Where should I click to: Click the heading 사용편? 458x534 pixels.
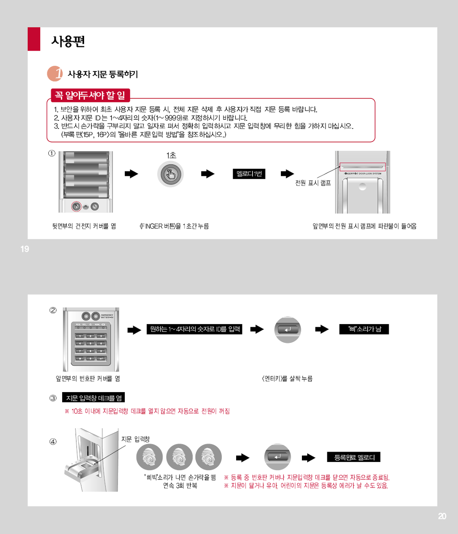68,41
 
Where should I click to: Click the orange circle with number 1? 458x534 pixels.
55,73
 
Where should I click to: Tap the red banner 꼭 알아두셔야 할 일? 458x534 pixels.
90,95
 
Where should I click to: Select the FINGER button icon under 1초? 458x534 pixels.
170,175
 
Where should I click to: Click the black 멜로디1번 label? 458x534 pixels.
249,174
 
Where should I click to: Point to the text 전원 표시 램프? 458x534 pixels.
313,183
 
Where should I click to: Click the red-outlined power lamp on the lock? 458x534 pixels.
363,167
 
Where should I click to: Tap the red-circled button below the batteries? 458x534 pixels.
76,206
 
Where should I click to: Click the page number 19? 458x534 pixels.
25,249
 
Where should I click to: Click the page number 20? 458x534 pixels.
442,516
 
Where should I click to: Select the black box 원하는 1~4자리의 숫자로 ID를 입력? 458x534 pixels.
194,329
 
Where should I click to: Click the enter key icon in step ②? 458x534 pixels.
288,329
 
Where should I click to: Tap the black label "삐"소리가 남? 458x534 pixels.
364,329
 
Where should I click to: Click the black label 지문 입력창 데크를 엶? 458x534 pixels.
93,398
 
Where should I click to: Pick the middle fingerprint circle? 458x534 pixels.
179,457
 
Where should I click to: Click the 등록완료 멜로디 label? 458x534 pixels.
353,457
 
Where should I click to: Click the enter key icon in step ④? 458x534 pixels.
278,457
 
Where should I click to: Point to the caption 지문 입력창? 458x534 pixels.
136,439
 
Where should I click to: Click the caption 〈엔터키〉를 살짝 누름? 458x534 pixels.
287,378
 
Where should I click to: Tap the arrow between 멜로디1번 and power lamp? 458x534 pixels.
288,174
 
